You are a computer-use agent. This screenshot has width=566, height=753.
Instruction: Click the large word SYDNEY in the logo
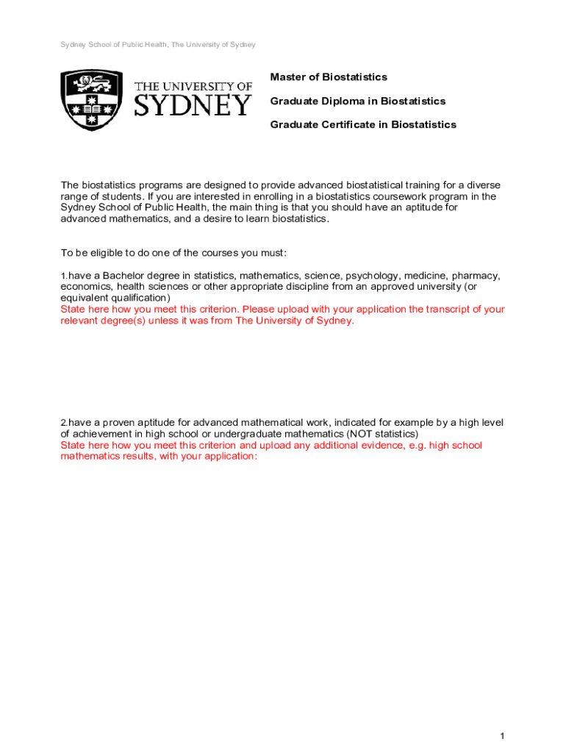tap(193, 106)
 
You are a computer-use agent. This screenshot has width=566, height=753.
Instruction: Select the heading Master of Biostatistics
tap(329, 77)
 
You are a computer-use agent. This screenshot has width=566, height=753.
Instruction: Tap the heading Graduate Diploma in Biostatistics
tap(358, 101)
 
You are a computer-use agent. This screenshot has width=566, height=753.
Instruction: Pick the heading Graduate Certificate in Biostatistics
tap(363, 125)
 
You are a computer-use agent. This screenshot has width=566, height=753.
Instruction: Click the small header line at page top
tap(158, 45)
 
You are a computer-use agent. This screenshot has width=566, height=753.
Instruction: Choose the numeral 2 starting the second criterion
tap(63, 423)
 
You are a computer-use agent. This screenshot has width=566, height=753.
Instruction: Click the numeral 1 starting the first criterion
tap(63, 276)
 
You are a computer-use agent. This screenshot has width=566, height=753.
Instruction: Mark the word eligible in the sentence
tap(111, 254)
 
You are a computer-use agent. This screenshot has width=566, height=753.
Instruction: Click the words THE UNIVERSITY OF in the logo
tap(193, 87)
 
